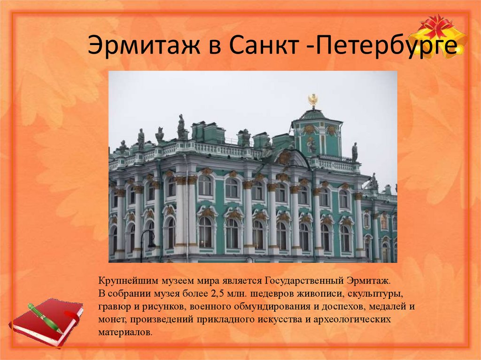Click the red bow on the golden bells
pyautogui.click(x=437, y=26)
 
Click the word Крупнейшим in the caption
pyautogui.click(x=124, y=282)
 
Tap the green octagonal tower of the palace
pyautogui.click(x=317, y=136)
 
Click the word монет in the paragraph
pyautogui.click(x=111, y=320)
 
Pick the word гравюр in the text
pyautogui.click(x=114, y=307)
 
